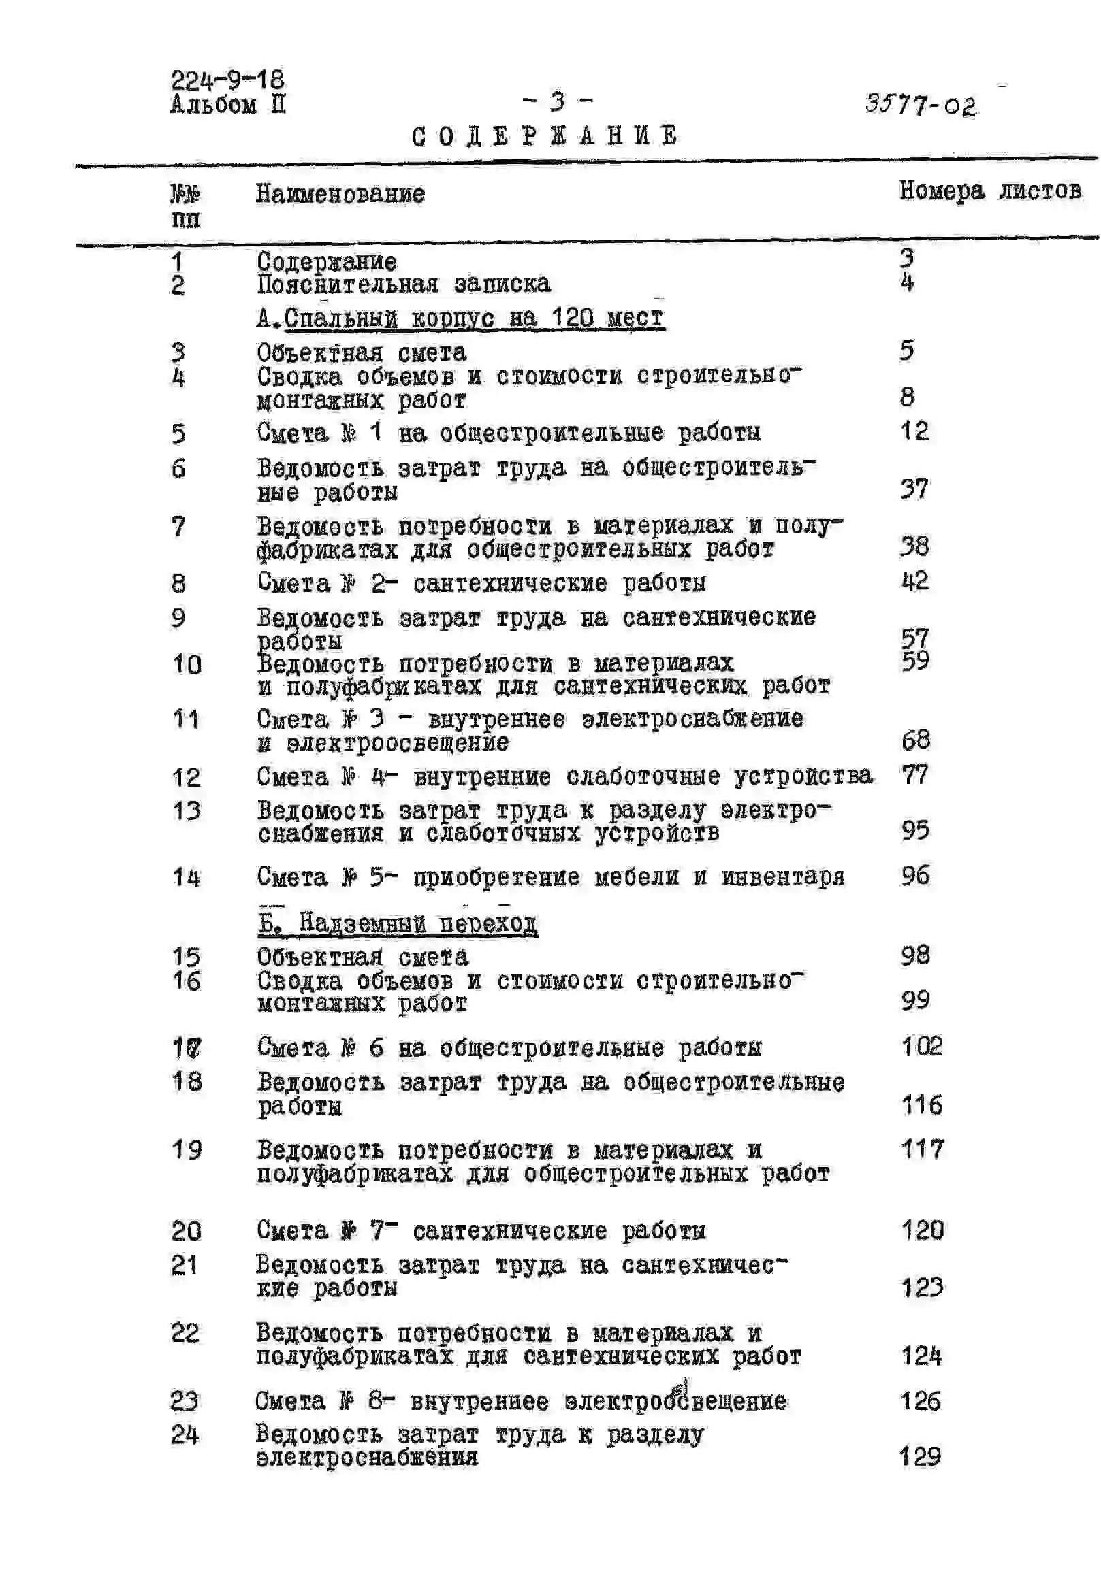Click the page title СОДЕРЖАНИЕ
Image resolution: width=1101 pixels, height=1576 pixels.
click(545, 135)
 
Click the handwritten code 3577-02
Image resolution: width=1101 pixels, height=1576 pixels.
click(921, 105)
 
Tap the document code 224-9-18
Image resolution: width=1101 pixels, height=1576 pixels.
click(227, 80)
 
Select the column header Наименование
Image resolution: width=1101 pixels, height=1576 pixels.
click(340, 194)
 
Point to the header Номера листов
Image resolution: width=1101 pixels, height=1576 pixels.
click(990, 190)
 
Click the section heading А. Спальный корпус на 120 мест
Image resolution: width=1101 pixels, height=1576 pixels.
click(460, 318)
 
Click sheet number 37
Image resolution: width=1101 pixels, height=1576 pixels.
click(914, 489)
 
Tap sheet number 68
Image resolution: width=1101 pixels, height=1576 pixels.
click(916, 739)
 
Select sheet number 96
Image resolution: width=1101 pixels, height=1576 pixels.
click(916, 875)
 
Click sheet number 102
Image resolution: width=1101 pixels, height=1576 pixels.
click(921, 1047)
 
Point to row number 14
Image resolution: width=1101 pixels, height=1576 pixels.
click(186, 877)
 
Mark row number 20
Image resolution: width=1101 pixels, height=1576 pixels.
click(186, 1231)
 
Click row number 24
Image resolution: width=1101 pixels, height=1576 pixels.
click(185, 1434)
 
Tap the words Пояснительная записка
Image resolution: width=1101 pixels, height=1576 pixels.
click(403, 284)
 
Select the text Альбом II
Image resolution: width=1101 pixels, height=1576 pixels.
click(227, 105)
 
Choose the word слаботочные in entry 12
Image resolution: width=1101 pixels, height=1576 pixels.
click(643, 776)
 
